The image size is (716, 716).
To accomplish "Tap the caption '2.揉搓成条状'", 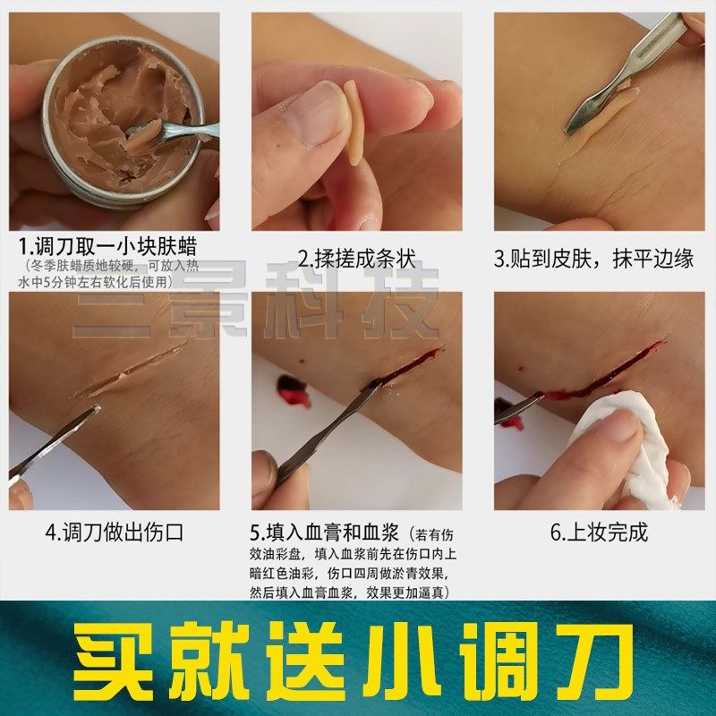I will pyautogui.click(x=357, y=260).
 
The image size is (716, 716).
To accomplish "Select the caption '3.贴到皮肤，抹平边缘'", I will pyautogui.click(x=594, y=260).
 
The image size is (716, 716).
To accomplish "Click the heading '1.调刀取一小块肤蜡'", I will pyautogui.click(x=107, y=247).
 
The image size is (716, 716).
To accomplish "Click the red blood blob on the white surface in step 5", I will pyautogui.click(x=292, y=390).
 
